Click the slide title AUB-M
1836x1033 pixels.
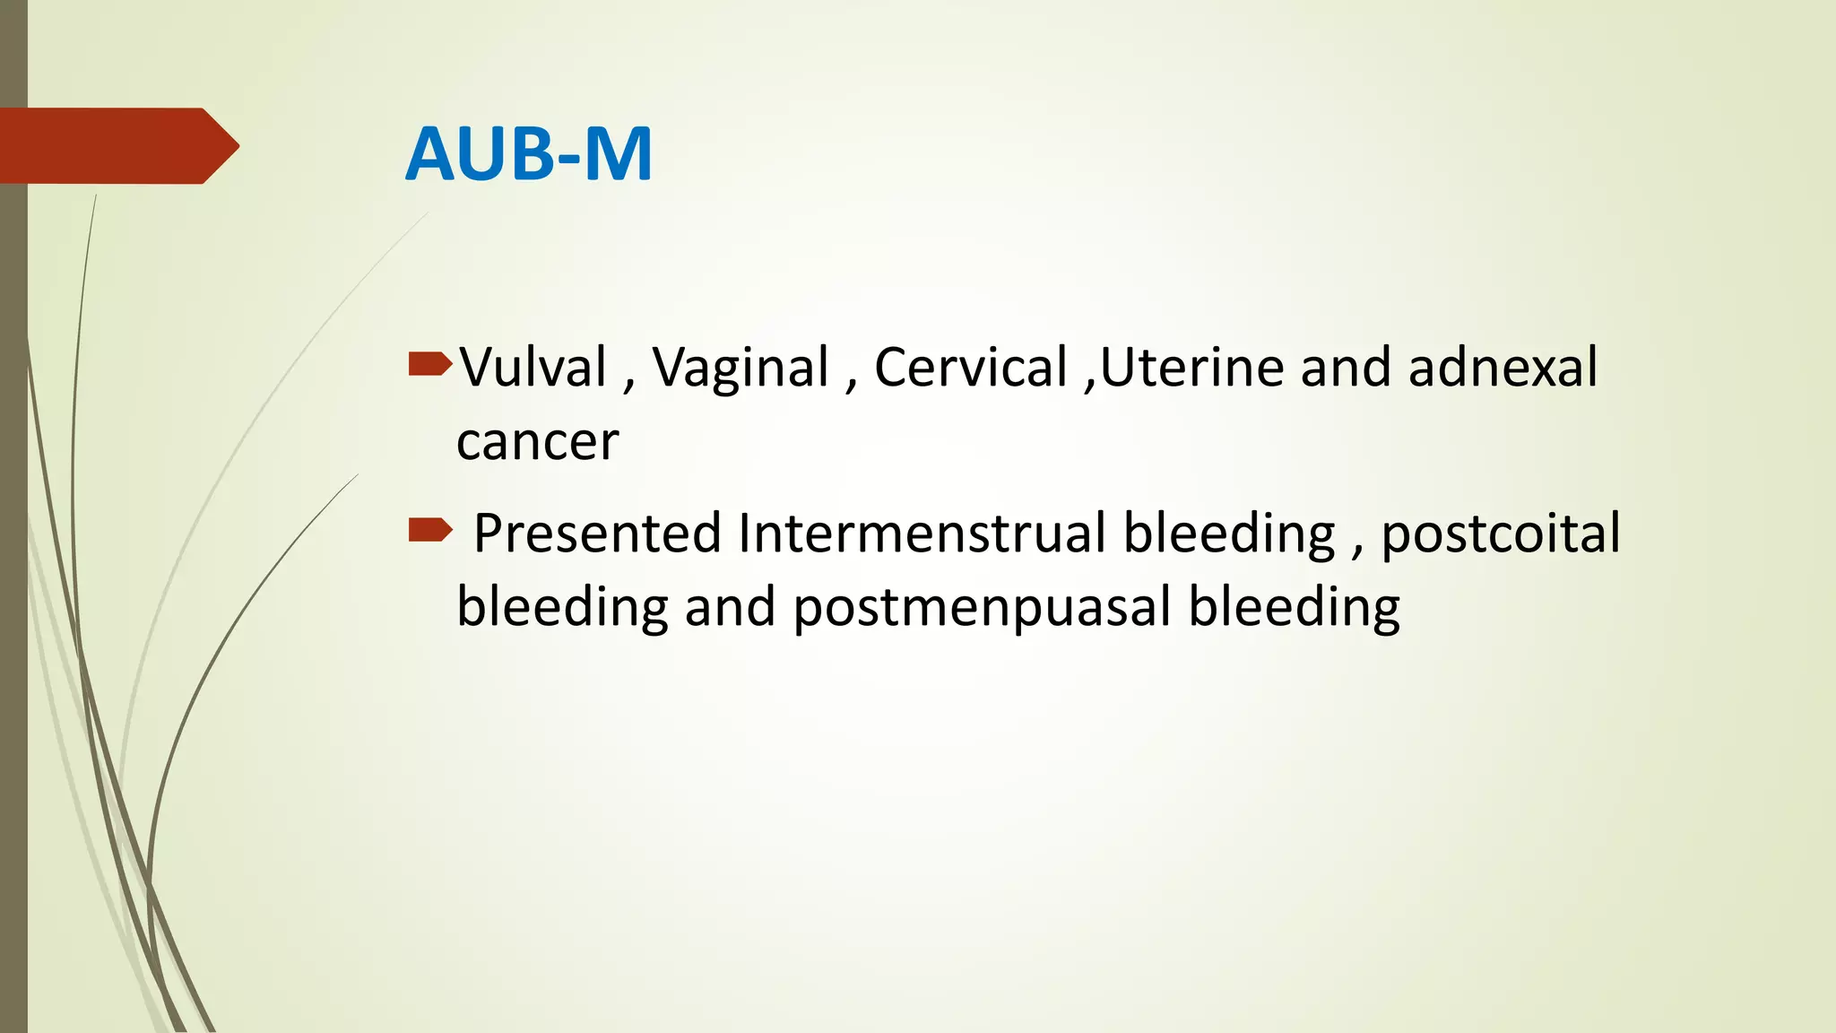point(529,154)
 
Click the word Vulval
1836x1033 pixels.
point(533,368)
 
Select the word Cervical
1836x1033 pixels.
point(971,368)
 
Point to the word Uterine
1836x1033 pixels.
point(1191,368)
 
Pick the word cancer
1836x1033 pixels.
point(537,442)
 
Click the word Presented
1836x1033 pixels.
point(597,534)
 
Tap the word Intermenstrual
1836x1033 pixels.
point(922,533)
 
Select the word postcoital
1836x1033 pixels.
point(1500,534)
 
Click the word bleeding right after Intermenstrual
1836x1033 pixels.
point(1229,534)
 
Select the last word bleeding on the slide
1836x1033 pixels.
point(1294,608)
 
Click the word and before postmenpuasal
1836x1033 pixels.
point(730,608)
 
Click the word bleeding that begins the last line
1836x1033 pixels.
point(562,608)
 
